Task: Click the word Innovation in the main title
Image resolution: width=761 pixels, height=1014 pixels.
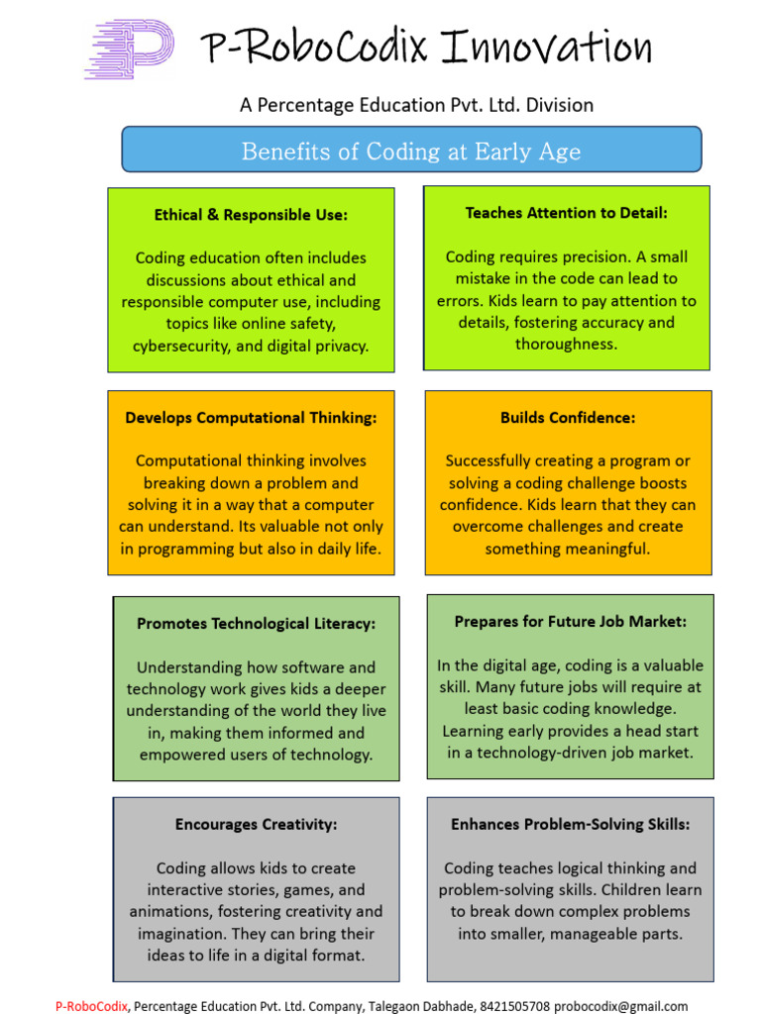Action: (x=547, y=48)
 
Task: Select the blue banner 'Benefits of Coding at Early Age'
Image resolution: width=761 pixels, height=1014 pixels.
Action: (x=411, y=152)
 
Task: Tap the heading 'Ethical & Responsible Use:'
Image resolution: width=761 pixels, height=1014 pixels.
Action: (x=251, y=215)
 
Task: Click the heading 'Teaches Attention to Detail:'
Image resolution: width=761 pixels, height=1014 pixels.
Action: (x=567, y=213)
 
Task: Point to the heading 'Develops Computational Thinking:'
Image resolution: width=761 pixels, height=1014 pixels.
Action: (x=251, y=418)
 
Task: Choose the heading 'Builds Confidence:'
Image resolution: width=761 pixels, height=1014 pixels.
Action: (x=568, y=418)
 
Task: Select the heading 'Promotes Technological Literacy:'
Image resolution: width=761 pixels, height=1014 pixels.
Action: (x=257, y=624)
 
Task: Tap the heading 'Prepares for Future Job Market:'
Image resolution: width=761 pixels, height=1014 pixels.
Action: (x=570, y=622)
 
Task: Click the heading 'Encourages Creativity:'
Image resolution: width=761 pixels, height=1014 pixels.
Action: (x=257, y=824)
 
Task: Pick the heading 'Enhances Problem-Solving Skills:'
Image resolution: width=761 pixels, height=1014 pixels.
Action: (x=570, y=824)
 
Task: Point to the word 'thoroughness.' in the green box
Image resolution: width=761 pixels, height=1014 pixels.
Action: (x=567, y=344)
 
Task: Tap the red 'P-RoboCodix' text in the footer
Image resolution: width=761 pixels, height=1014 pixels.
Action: (x=91, y=1006)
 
